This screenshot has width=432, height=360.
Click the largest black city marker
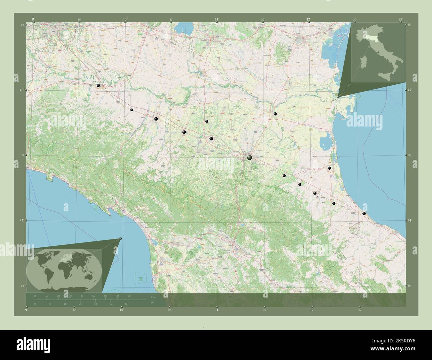click(x=250, y=158)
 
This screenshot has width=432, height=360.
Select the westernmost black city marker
click(x=98, y=86)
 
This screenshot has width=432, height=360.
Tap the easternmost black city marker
click(x=364, y=214)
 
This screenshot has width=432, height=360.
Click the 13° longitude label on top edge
click(x=400, y=20)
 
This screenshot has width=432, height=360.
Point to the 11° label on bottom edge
click(x=216, y=310)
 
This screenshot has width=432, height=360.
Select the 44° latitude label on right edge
click(x=409, y=220)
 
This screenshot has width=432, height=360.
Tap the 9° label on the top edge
click(x=33, y=20)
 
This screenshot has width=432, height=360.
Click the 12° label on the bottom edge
click(x=312, y=310)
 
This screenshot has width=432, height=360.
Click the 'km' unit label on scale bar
click(x=153, y=297)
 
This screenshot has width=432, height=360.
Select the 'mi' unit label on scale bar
click(x=153, y=303)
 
